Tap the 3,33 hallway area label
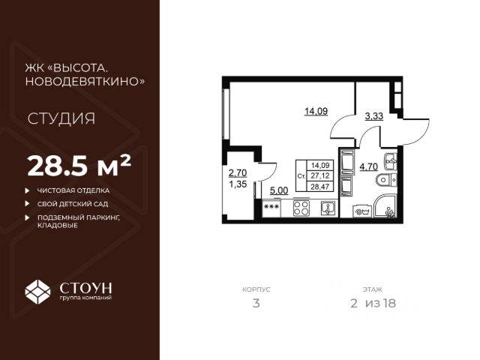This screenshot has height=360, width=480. click(x=374, y=116)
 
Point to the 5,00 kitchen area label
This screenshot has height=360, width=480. click(x=278, y=190)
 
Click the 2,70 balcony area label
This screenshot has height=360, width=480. click(x=237, y=171)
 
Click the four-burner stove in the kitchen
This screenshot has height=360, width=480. click(x=301, y=208)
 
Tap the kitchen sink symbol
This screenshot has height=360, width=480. click(x=327, y=208)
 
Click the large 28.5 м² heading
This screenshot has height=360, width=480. click(x=79, y=163)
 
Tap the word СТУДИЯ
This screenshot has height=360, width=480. click(x=61, y=118)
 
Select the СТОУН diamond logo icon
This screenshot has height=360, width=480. click(x=37, y=290)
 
